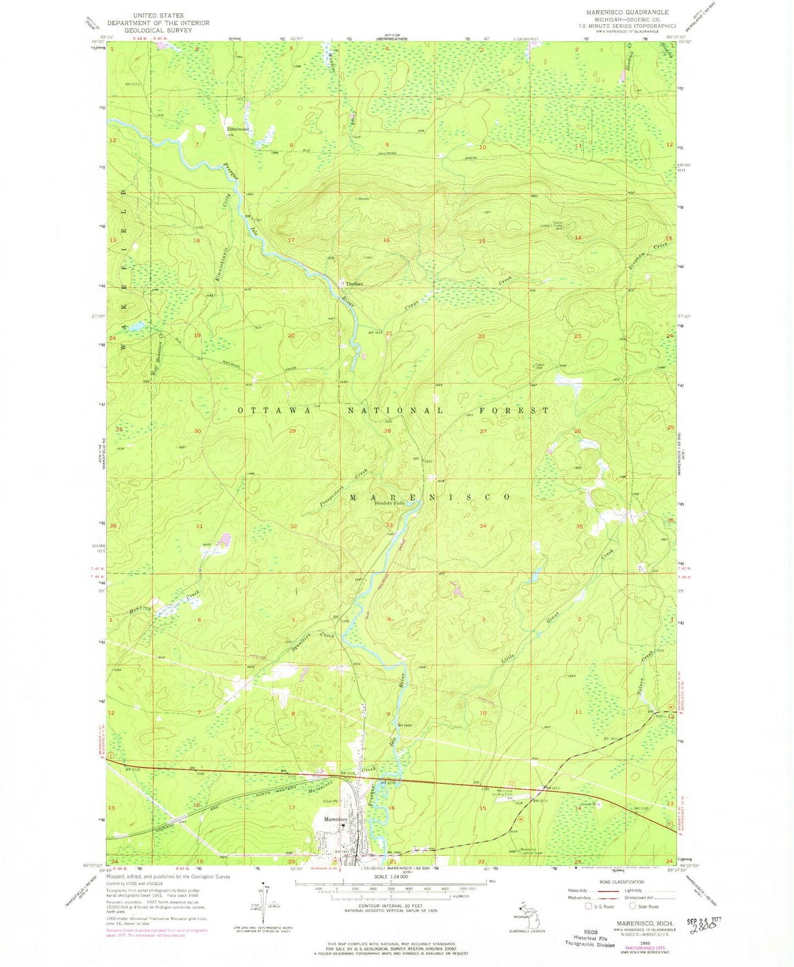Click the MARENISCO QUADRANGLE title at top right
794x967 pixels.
tap(619, 12)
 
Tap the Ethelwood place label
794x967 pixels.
tap(238, 129)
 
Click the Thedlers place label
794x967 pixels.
tap(354, 284)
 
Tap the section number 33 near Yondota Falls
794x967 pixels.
tap(389, 526)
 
